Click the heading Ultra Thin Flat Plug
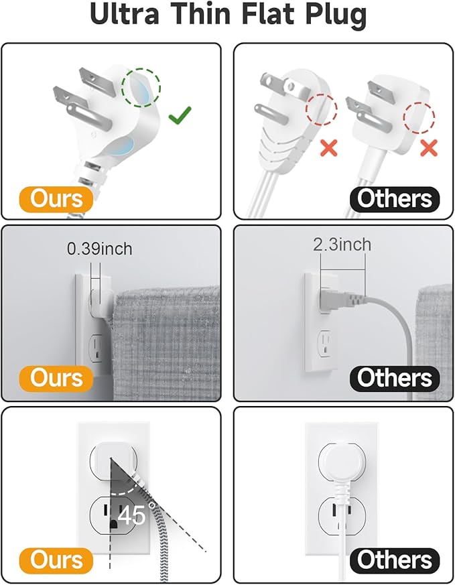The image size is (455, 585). [227, 16]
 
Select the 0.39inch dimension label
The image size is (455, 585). [99, 249]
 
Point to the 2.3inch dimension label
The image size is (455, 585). [342, 245]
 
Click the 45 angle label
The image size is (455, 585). [131, 516]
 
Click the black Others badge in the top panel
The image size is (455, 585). [394, 198]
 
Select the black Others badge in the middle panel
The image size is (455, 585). [394, 377]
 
